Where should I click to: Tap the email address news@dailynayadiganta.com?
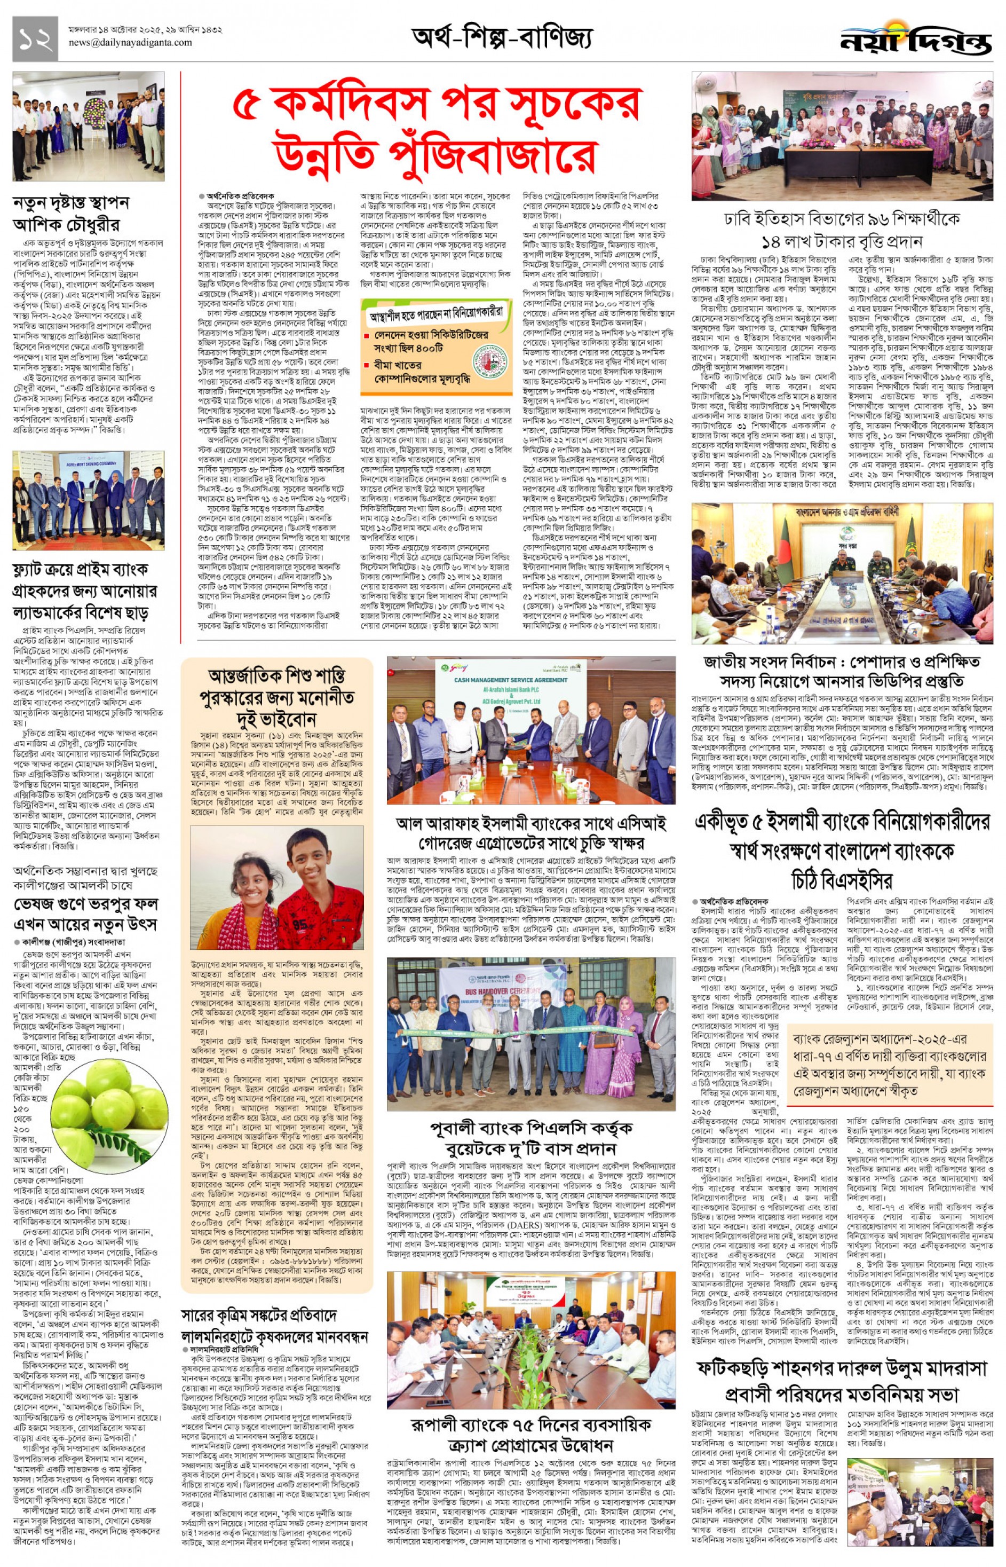pos(130,43)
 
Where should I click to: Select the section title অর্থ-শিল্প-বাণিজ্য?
pos(502,38)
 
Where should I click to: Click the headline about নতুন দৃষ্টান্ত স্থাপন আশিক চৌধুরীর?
pos(70,214)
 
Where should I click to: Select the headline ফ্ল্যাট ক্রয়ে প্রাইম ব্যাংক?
pos(80,569)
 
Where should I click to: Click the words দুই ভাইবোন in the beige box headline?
pos(277,721)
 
